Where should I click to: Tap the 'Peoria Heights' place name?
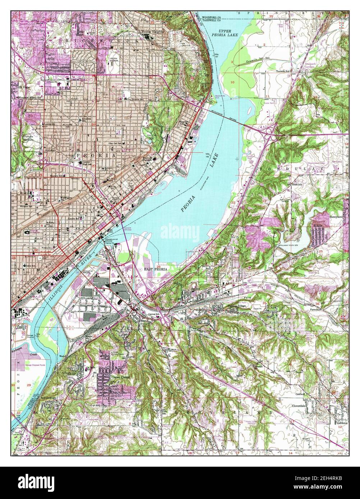tap(152, 32)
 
